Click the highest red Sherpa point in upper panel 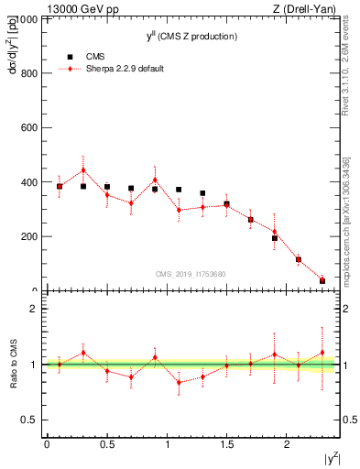(x=83, y=169)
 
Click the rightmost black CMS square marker (x=322, y=280)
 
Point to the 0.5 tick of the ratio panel (x=34, y=420)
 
